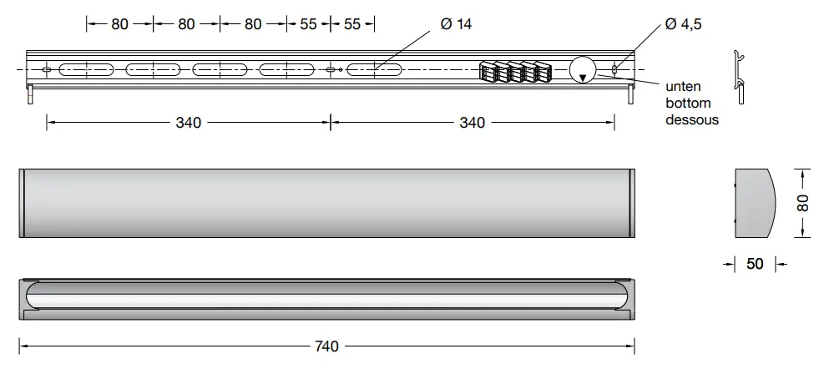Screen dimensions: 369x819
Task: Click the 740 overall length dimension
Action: point(327,346)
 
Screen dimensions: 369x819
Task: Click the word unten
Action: point(682,87)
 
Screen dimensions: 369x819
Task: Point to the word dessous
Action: point(692,119)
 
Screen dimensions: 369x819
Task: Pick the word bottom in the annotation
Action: point(688,104)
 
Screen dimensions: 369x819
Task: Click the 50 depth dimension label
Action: point(755,264)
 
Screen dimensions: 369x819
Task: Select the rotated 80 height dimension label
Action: point(802,204)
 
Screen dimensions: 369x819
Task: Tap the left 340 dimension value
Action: point(188,123)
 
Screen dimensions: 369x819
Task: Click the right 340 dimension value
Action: point(472,123)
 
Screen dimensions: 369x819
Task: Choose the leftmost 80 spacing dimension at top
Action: point(120,24)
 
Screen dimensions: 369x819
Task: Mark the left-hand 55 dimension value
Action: point(309,24)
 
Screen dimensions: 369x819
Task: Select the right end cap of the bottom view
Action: point(629,297)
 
